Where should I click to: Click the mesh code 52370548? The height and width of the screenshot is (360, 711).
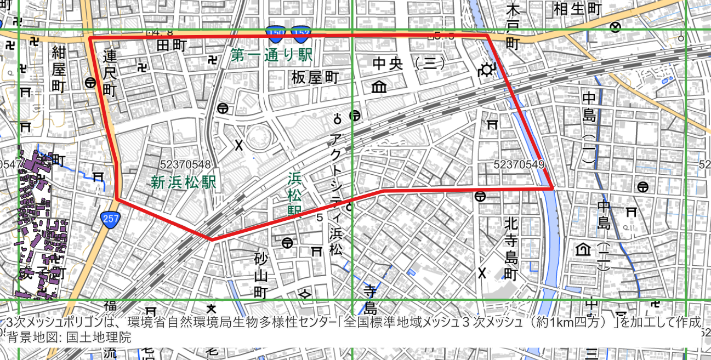pos(186,164)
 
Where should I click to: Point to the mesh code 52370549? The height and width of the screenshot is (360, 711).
pos(519,164)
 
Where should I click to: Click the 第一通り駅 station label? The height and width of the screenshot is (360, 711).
pos(271,55)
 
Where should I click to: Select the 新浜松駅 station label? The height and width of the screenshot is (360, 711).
pos(184,182)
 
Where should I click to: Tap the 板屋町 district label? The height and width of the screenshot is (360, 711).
pos(315,77)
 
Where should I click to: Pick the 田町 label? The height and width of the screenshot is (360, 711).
pos(172,45)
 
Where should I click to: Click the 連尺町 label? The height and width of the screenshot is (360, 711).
pos(110,72)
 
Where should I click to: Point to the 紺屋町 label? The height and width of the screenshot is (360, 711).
pos(59,70)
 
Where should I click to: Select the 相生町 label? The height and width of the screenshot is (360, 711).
pos(578,9)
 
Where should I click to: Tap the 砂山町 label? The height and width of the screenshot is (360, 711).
pos(261,275)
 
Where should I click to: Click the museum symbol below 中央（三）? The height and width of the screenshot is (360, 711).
pos(378,87)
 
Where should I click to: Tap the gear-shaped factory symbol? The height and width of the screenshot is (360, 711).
pos(486,70)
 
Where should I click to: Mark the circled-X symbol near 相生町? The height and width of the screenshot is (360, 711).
pos(616,27)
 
